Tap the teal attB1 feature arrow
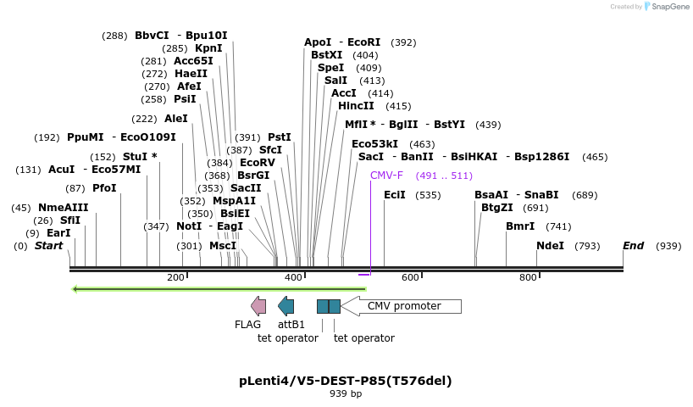click(x=286, y=306)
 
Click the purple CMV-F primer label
click(x=386, y=176)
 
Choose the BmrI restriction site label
click(x=520, y=226)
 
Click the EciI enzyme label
click(x=395, y=195)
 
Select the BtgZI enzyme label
click(x=497, y=208)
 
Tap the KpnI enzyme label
click(x=208, y=48)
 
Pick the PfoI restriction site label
click(x=104, y=188)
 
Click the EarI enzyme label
click(x=58, y=233)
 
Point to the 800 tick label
click(x=528, y=278)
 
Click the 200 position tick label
click(x=175, y=278)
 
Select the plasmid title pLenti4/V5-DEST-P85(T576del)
click(x=345, y=381)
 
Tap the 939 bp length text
click(x=345, y=393)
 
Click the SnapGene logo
click(x=665, y=7)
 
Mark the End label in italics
click(x=634, y=246)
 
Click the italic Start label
click(x=48, y=246)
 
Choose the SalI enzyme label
click(x=336, y=81)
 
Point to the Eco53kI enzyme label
click(x=375, y=144)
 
